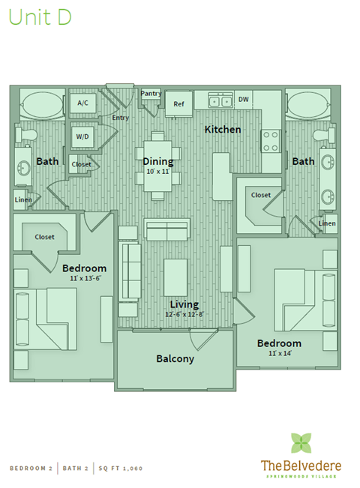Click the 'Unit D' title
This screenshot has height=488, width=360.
(x=39, y=19)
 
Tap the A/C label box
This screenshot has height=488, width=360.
(x=82, y=103)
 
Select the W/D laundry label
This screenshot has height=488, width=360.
(x=82, y=136)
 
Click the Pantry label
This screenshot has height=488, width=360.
(x=151, y=94)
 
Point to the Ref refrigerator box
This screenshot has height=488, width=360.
(x=178, y=104)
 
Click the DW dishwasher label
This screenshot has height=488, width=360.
(x=244, y=99)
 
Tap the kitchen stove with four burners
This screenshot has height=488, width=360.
(x=270, y=141)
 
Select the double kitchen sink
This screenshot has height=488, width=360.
(x=220, y=100)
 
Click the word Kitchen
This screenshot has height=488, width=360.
(x=223, y=130)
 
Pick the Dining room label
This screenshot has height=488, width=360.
(x=157, y=161)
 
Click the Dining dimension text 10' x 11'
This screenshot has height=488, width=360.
(x=158, y=172)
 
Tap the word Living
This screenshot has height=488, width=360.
(x=184, y=304)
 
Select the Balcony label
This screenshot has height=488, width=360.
(x=175, y=358)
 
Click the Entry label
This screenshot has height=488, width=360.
(x=120, y=118)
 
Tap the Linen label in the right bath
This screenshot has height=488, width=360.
(x=327, y=223)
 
